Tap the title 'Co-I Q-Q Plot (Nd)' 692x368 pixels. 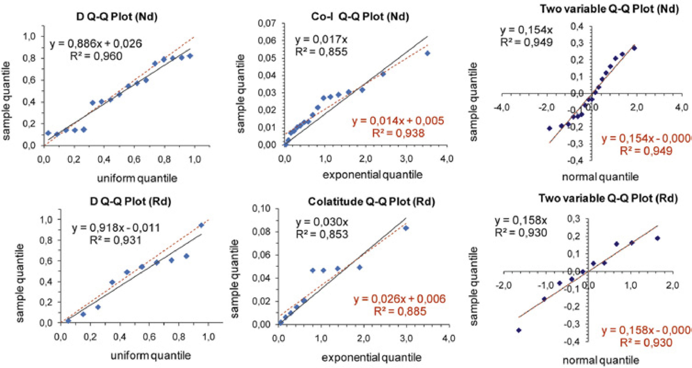(x=360, y=17)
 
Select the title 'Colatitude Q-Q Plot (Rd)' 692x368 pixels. (x=371, y=202)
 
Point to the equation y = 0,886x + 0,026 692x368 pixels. (x=96, y=44)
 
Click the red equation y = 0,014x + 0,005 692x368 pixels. (x=398, y=121)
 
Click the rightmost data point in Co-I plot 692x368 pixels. (x=427, y=53)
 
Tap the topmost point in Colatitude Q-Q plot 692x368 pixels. (x=406, y=228)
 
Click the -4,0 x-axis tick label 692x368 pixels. (x=501, y=107)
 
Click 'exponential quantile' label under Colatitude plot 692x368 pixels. (x=372, y=358)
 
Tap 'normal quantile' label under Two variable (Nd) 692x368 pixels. (x=600, y=177)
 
